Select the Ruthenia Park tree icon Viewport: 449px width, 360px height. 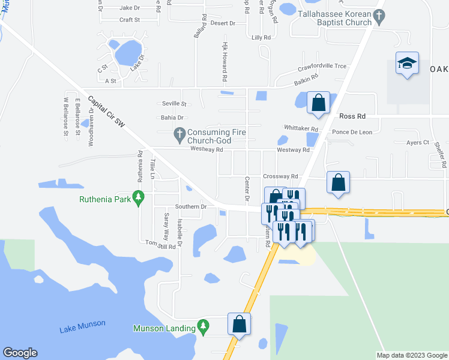click(139, 197)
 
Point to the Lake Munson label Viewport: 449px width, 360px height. click(82, 326)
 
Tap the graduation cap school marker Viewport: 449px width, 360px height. click(406, 64)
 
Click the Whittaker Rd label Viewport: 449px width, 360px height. click(301, 128)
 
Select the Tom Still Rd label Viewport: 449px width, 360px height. click(161, 245)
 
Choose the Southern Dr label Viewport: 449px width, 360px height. click(191, 206)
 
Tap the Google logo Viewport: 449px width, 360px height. click(20, 353)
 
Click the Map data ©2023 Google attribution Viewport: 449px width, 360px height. click(412, 355)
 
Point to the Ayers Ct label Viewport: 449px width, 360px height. click(418, 143)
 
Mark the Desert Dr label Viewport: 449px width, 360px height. click(223, 23)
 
